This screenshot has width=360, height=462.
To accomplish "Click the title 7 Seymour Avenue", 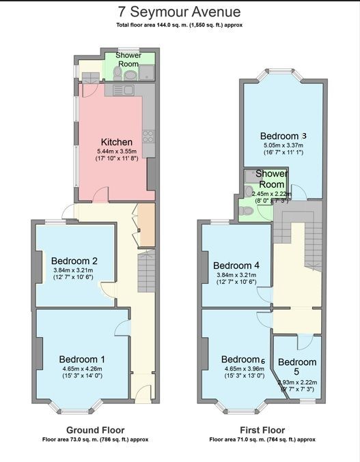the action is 179,12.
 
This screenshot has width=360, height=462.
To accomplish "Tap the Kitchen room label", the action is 116,142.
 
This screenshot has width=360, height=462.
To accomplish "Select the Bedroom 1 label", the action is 82,359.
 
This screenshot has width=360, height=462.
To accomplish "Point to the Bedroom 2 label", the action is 74,261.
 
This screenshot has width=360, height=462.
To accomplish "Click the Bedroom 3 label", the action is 283,136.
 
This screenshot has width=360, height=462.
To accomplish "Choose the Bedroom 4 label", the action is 236,265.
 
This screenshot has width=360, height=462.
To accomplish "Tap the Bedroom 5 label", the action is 297,366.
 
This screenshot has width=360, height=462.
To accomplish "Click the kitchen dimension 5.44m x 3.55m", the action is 117,151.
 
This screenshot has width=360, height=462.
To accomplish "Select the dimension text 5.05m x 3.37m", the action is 283,145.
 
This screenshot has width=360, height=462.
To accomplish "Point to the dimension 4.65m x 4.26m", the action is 82,369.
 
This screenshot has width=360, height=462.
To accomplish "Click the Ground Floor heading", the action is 95,430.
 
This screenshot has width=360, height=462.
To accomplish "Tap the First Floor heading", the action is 262,430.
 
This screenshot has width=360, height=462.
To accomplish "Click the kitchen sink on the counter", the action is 124,90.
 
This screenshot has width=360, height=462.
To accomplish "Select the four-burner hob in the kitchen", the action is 148,136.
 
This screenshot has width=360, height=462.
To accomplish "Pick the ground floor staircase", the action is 147,271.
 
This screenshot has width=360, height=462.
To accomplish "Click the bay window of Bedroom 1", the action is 75,407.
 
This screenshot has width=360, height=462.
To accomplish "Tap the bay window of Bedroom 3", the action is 281,74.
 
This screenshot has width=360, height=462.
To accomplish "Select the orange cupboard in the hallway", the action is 148,225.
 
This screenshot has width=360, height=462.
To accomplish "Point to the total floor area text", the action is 179,25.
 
